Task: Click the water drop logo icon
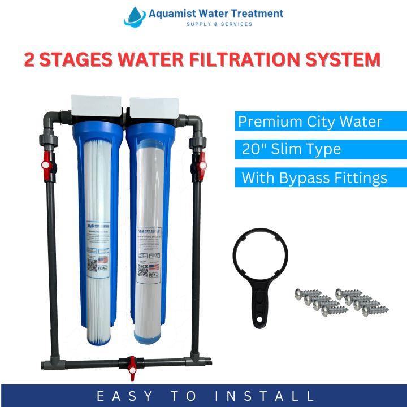coord(135,16)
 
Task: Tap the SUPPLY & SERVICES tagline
coord(219,24)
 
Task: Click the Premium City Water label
coord(310,122)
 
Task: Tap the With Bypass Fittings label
coord(314,177)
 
